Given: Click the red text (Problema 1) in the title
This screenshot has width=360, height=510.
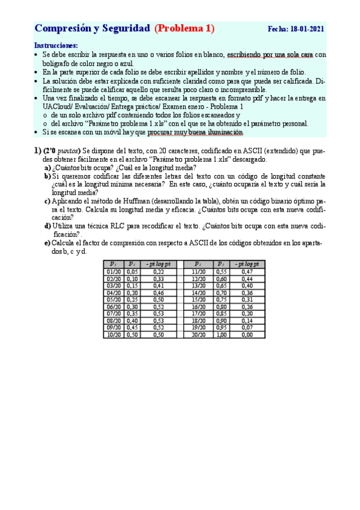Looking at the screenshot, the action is click(x=184, y=28).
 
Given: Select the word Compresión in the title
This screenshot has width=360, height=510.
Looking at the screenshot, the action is click(x=59, y=28).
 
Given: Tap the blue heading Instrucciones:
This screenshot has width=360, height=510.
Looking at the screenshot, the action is click(x=56, y=46).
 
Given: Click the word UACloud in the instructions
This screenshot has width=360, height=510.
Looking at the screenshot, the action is click(x=60, y=106).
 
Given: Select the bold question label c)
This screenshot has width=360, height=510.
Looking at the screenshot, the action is click(x=47, y=201).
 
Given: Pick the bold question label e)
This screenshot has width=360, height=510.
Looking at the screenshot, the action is click(x=47, y=243).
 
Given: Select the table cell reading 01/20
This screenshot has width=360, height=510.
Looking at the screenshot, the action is click(x=113, y=272).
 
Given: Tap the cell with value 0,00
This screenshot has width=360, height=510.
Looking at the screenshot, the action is click(x=247, y=334).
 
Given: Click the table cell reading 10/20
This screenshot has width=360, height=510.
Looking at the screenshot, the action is click(x=113, y=334).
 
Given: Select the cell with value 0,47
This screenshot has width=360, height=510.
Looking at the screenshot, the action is click(x=247, y=272).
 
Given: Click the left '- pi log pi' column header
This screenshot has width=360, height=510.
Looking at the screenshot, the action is click(x=159, y=264).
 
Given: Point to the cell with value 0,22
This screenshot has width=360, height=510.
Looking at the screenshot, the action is click(x=159, y=272).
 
